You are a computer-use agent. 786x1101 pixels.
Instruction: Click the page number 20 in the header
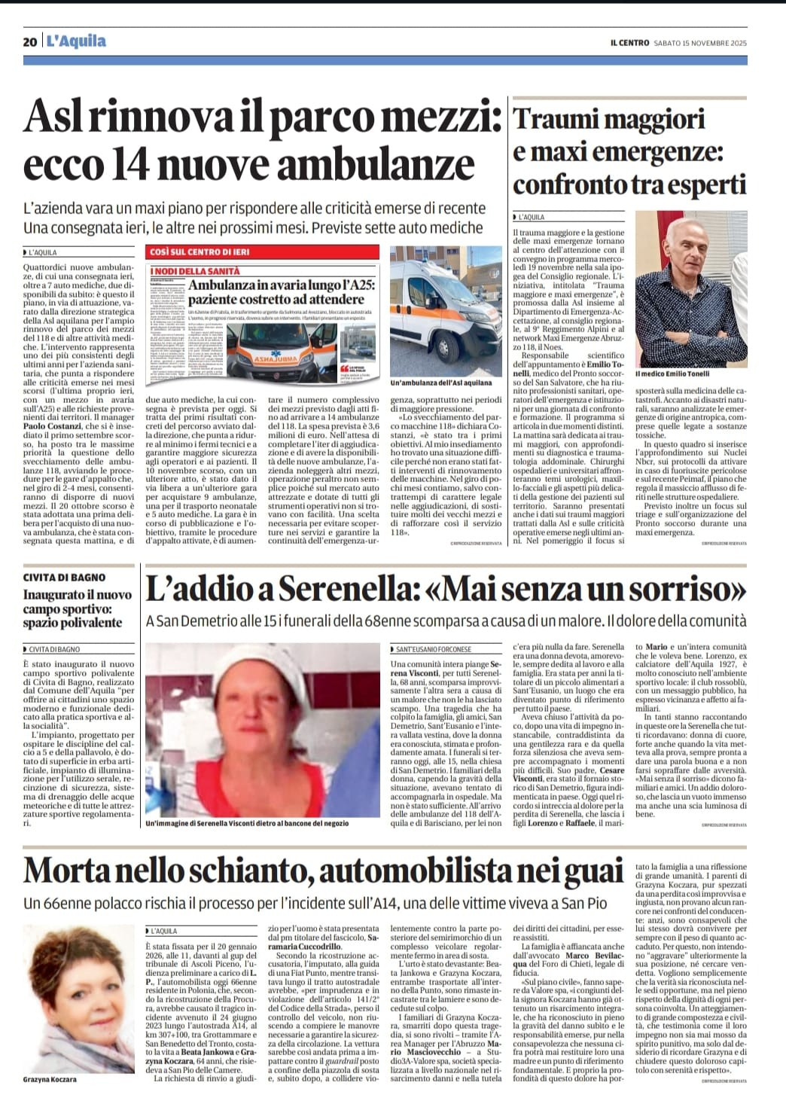pyautogui.click(x=30, y=42)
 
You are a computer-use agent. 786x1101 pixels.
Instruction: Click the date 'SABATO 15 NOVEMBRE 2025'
pyautogui.click(x=700, y=43)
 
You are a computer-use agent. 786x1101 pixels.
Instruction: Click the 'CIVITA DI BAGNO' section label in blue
pyautogui.click(x=64, y=578)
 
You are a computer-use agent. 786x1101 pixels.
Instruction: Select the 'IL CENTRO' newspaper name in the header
pyautogui.click(x=629, y=43)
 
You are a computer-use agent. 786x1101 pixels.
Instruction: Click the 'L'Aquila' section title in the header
pyautogui.click(x=76, y=41)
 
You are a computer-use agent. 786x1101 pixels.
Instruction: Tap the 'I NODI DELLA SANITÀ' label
pyautogui.click(x=195, y=271)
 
